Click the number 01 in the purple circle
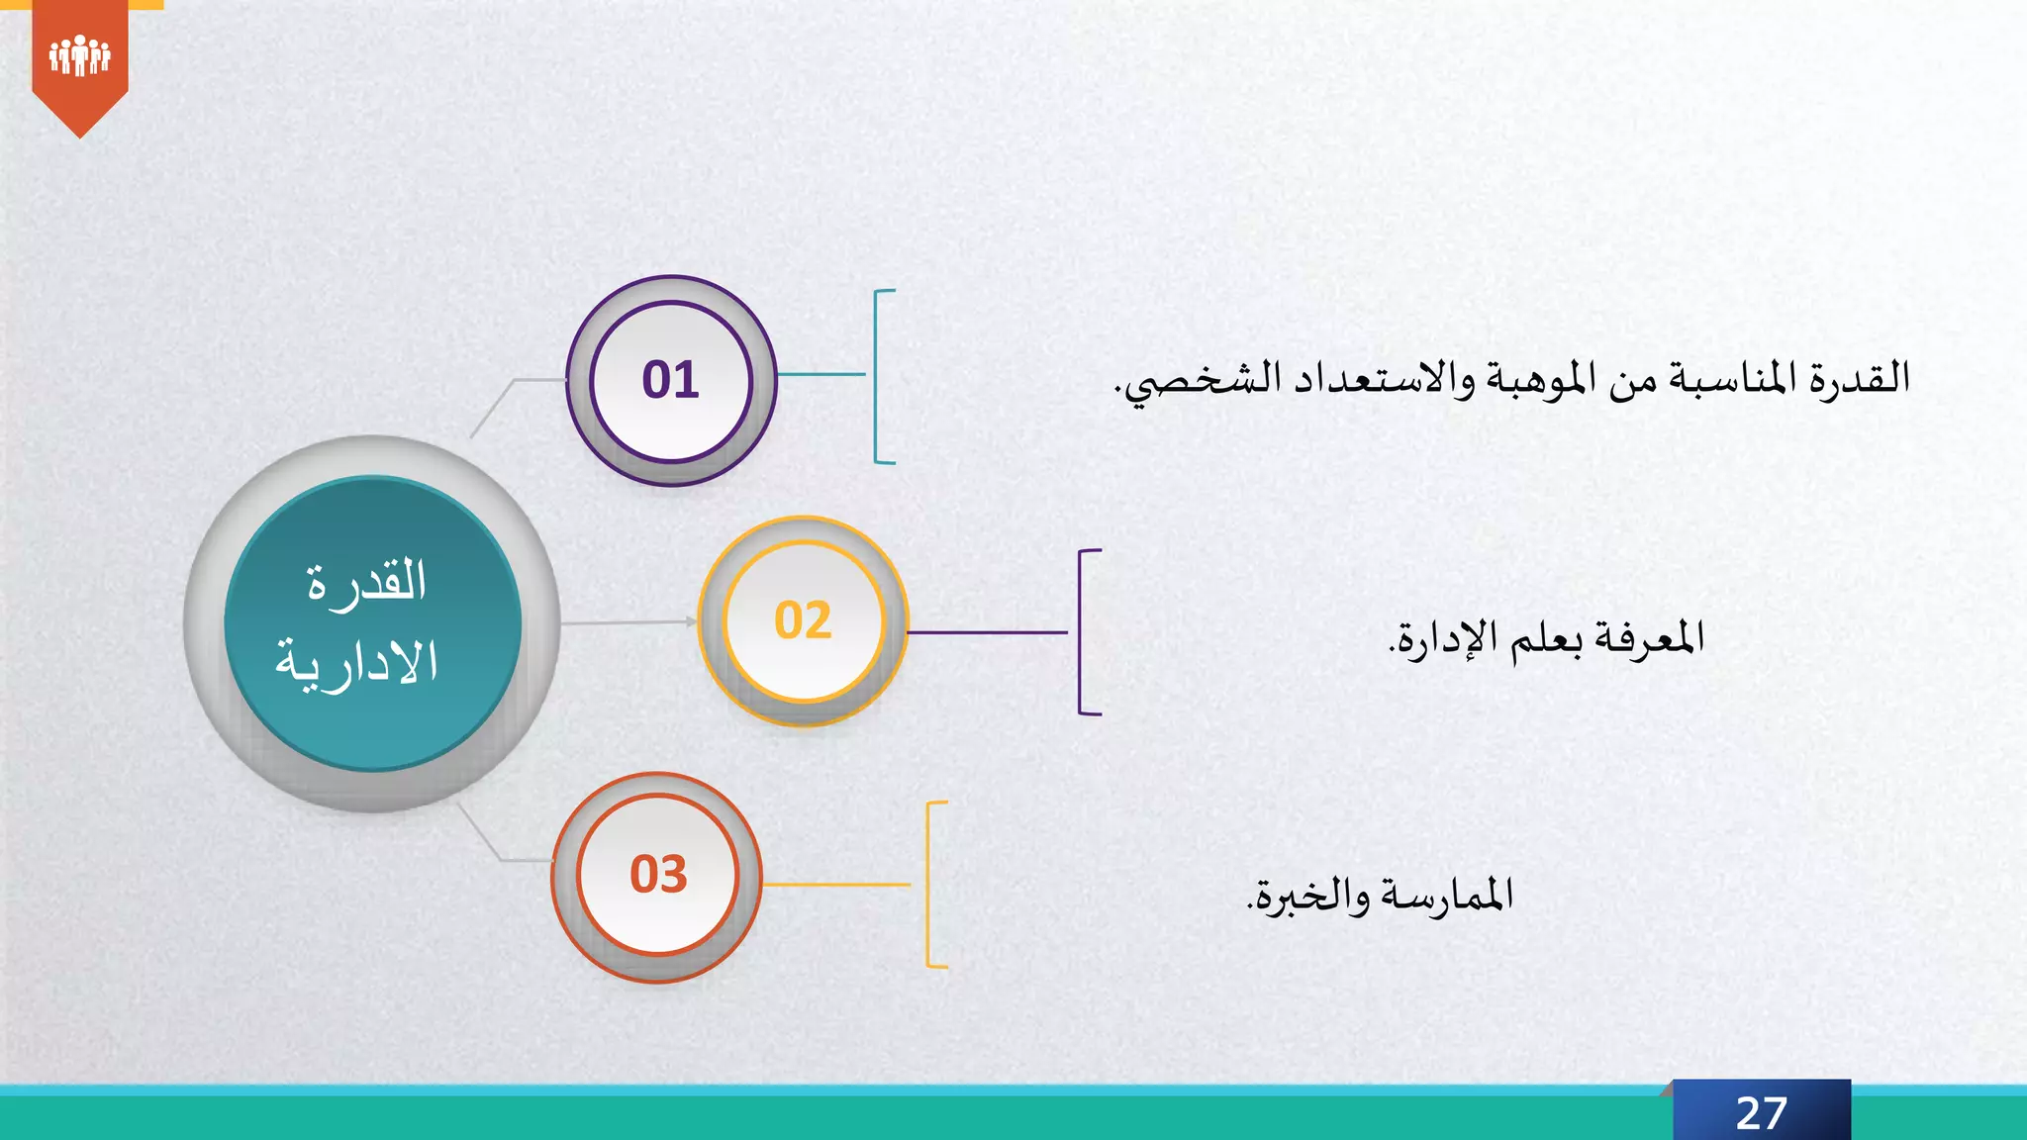coord(670,380)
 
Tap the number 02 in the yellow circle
coord(803,621)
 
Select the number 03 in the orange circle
coord(658,875)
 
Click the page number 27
coord(1761,1113)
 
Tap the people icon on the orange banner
coord(79,55)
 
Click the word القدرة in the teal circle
coord(367,582)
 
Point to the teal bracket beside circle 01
coord(877,376)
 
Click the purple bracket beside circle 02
coord(1081,631)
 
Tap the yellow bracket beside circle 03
coord(929,884)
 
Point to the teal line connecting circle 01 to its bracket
coord(820,375)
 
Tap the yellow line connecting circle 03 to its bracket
coord(836,885)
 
